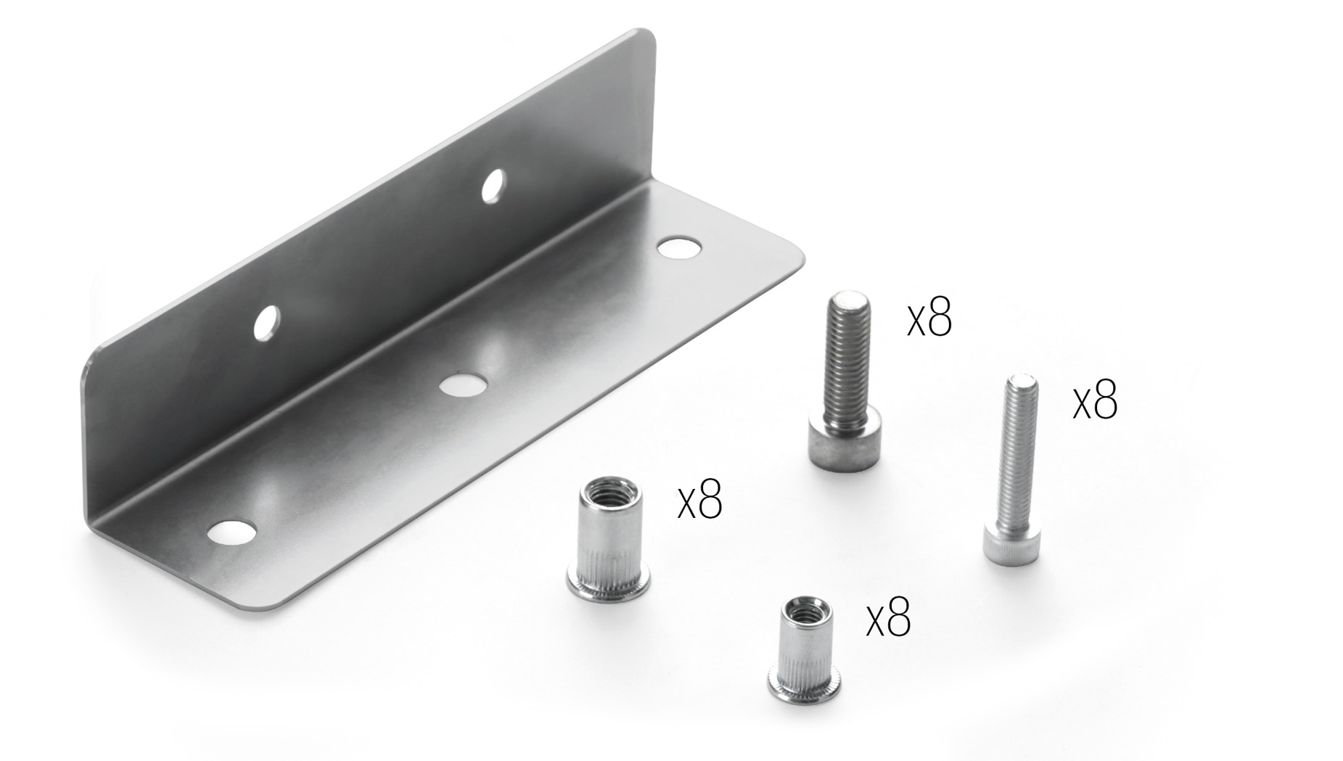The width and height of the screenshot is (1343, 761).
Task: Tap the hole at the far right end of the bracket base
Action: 679,248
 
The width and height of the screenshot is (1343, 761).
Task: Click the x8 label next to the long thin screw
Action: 1095,401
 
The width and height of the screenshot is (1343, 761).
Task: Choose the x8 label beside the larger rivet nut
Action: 699,500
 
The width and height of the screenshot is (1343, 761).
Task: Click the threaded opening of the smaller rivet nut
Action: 806,608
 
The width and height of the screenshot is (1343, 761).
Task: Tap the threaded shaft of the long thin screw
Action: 1017,457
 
